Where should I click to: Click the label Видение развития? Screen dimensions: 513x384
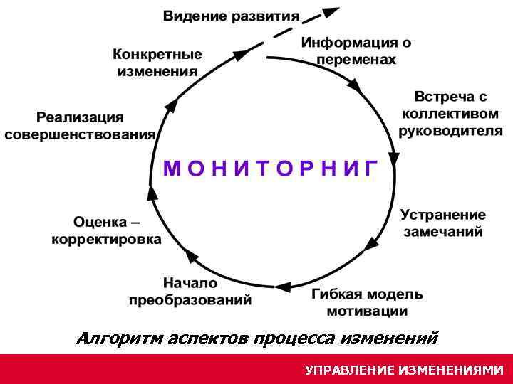click(232, 16)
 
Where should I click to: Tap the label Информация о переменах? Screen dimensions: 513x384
click(356, 50)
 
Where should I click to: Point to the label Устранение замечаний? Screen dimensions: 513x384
click(442, 223)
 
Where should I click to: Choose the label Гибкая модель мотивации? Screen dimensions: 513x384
click(367, 302)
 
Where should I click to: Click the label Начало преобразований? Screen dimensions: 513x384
click(190, 292)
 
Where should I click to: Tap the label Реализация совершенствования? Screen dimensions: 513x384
click(80, 126)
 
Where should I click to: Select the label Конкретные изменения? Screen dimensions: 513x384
click(157, 63)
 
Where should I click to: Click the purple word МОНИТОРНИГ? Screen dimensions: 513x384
click(270, 168)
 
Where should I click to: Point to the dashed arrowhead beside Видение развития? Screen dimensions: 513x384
click(329, 13)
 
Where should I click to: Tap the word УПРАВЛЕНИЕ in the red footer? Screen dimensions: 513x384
click(348, 370)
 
